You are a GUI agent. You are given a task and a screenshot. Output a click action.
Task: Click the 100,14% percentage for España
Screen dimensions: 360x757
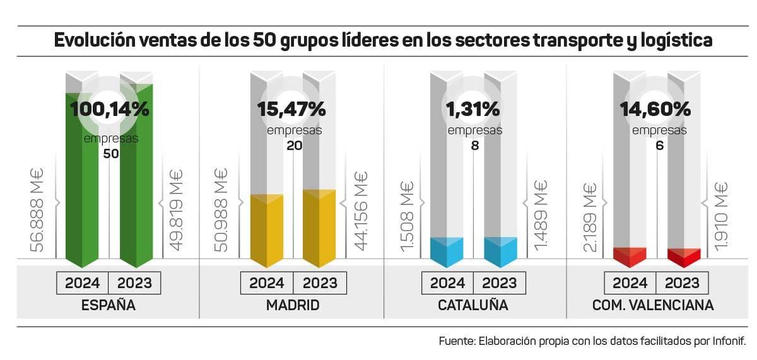point(110,109)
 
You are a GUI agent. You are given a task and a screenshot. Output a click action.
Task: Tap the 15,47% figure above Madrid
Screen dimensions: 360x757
point(291,109)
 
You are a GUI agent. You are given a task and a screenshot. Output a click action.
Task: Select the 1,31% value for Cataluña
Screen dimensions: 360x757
point(473,109)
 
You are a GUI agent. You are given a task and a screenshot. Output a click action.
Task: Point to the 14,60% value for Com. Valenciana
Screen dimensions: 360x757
point(655,109)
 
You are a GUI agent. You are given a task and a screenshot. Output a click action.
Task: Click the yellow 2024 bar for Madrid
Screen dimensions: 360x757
point(267,230)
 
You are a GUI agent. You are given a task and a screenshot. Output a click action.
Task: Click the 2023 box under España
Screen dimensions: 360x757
point(135,282)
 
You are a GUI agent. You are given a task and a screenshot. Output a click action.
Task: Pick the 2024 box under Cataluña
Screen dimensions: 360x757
point(447,282)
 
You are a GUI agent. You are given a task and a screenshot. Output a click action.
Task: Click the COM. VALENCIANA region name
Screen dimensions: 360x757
point(653,306)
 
